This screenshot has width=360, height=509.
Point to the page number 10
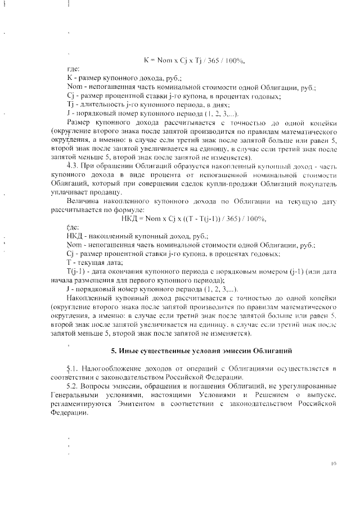tap(333, 464)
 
